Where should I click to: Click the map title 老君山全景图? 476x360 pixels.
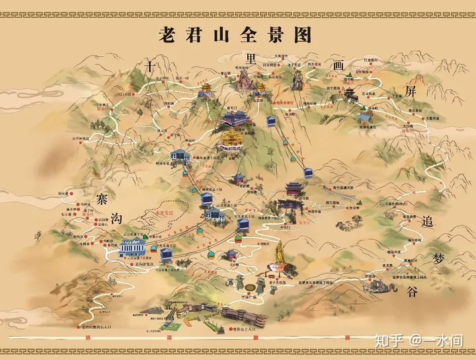click(x=235, y=34)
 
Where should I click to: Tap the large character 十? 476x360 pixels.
click(x=151, y=65)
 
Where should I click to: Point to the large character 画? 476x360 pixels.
click(x=339, y=65)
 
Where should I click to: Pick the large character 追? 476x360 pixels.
click(x=428, y=222)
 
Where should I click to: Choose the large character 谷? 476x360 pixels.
click(x=412, y=291)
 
